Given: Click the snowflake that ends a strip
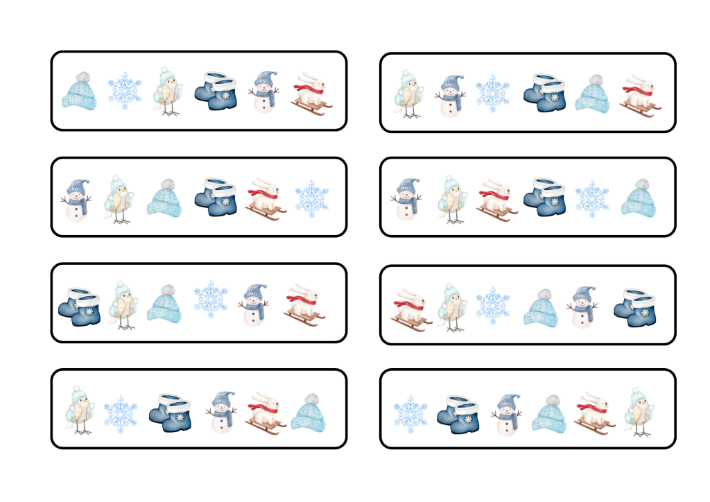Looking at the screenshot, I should point(312,198).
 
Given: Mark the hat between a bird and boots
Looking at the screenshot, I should point(164,197).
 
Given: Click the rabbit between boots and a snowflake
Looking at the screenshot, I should point(266,198).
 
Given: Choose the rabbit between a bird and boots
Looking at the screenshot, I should point(496,200).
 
